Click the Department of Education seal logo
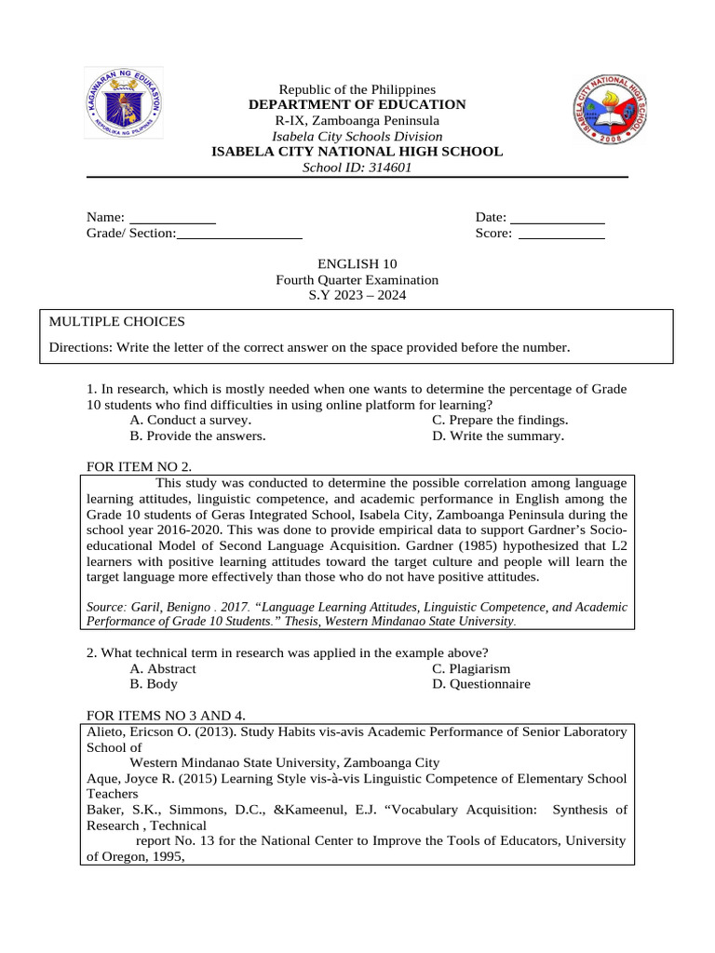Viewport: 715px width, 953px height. coord(124,103)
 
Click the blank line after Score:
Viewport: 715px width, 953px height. coord(561,235)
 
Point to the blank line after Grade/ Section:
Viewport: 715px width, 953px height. coord(239,235)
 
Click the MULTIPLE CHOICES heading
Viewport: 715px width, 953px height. coord(117,322)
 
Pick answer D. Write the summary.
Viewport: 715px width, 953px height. coord(498,436)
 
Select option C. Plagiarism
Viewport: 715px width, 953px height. coord(471,668)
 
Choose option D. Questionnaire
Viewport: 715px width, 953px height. coord(481,684)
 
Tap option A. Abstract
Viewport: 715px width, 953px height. coord(163,668)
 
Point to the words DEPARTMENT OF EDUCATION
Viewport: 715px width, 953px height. coord(357,105)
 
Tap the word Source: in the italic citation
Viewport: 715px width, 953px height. coord(108,607)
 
